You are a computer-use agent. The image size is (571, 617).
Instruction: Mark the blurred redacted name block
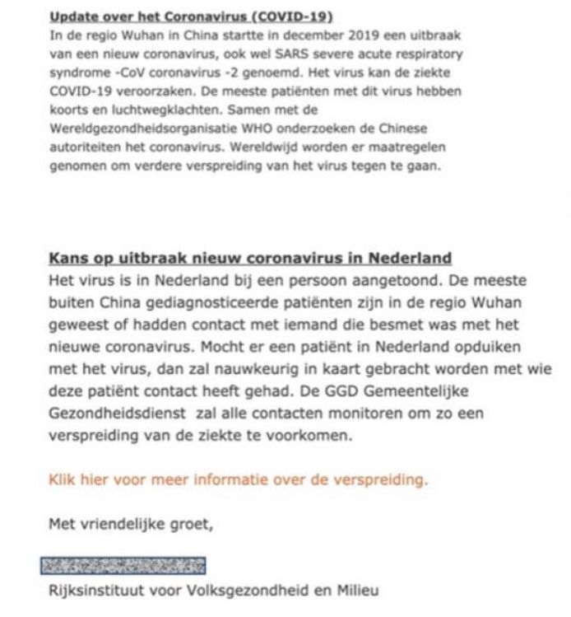tap(123, 566)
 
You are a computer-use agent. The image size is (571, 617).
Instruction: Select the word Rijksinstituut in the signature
tap(95, 590)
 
